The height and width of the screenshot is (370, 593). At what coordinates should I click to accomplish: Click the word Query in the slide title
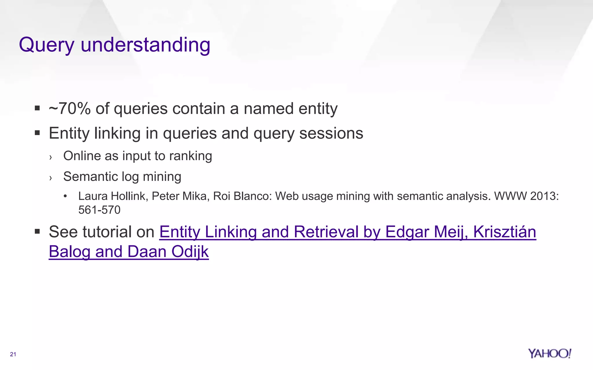click(47, 45)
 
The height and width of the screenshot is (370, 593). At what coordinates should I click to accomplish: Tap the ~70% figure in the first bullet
click(69, 109)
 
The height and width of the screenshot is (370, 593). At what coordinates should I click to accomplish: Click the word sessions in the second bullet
click(331, 134)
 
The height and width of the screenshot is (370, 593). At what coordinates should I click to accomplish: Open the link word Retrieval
click(325, 232)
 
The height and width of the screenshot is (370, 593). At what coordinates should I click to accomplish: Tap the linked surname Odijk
click(190, 252)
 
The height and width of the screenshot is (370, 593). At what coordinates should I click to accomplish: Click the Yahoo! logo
click(549, 354)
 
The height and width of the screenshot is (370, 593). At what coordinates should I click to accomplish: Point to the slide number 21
click(13, 354)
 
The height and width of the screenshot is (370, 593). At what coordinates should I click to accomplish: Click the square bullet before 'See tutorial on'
click(37, 232)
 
